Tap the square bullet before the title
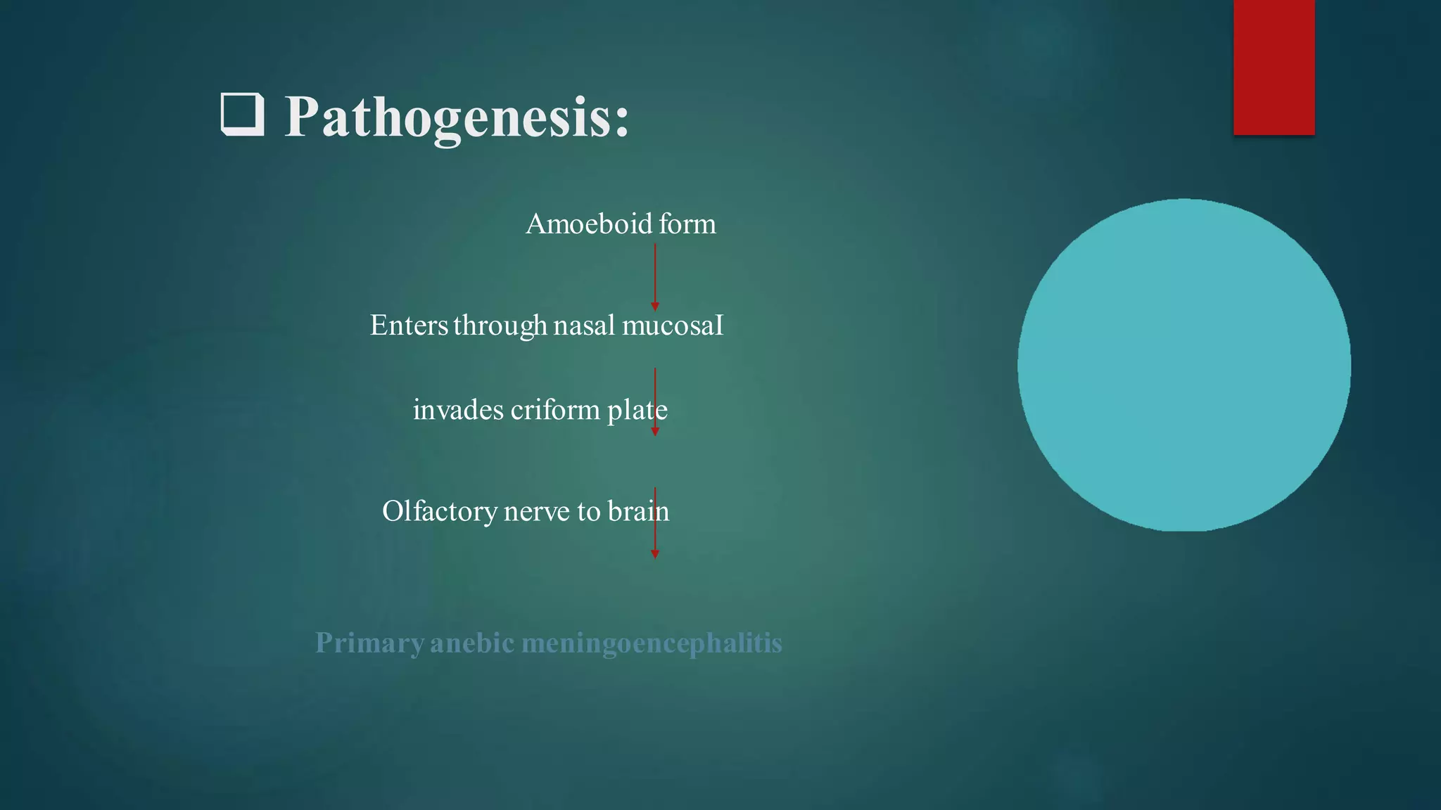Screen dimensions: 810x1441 [243, 115]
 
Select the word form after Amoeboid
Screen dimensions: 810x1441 [687, 224]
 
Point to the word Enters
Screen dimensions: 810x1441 [409, 326]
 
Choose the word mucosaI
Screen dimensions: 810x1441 [673, 326]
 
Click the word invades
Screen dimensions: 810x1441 [458, 410]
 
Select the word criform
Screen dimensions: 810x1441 [555, 410]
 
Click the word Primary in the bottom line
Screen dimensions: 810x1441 [369, 643]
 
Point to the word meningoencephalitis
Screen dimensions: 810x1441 [652, 643]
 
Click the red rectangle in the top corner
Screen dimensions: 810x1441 [1274, 67]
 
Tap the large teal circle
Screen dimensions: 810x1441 [1183, 365]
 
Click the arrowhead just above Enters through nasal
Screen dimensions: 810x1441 [655, 307]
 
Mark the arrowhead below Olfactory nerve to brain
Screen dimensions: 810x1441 [655, 554]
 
